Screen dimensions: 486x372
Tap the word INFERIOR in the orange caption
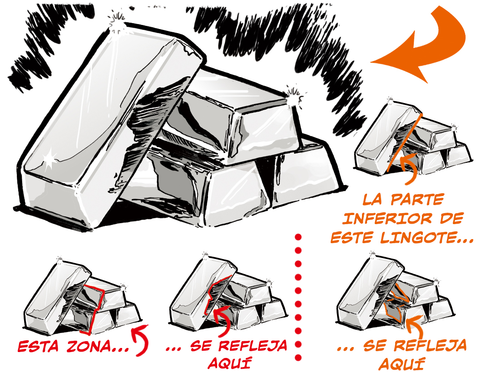pos(384,219)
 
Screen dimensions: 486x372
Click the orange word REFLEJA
pos(431,345)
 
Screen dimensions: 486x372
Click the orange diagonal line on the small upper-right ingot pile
pos(404,142)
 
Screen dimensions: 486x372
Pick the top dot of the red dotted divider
pos(298,237)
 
